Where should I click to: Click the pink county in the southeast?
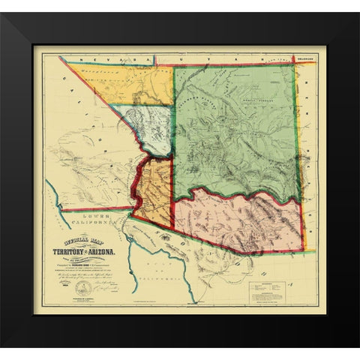[x=240, y=219]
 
